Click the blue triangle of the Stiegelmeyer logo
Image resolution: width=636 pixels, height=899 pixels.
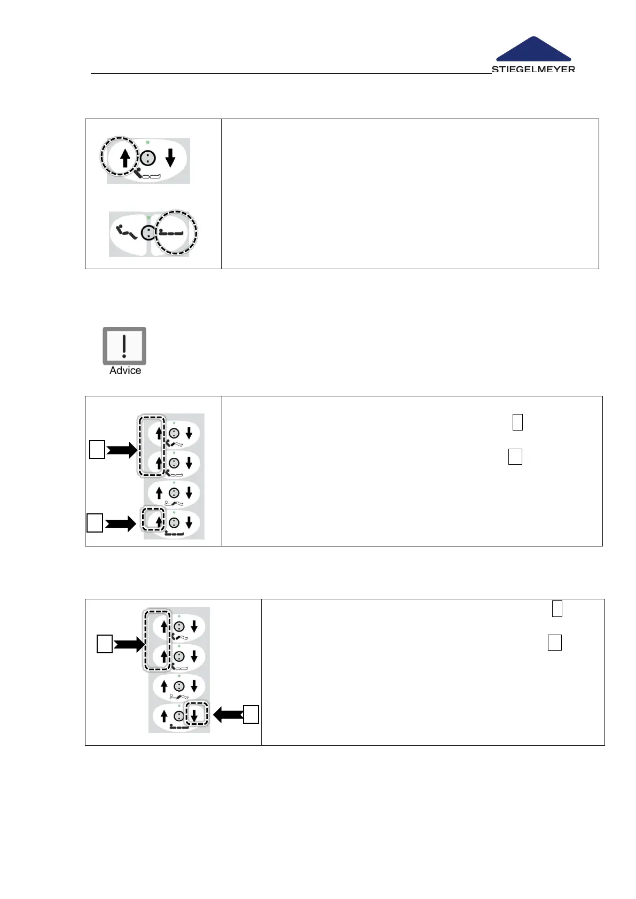pyautogui.click(x=533, y=50)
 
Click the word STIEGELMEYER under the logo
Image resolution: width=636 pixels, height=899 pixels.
pyautogui.click(x=533, y=69)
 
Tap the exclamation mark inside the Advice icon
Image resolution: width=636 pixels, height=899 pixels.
pyautogui.click(x=124, y=345)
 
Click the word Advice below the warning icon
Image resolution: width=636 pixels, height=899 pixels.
pyautogui.click(x=125, y=371)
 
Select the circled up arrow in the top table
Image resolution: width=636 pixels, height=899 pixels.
pyautogui.click(x=125, y=158)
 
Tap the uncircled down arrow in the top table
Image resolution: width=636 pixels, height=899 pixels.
pyautogui.click(x=170, y=158)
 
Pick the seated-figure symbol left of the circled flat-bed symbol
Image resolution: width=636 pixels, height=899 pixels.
pyautogui.click(x=126, y=232)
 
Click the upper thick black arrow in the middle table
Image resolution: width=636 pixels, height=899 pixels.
pyautogui.click(x=122, y=451)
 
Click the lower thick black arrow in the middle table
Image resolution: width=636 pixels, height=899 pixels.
pyautogui.click(x=120, y=524)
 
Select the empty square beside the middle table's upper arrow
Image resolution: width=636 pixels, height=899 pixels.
pyautogui.click(x=97, y=451)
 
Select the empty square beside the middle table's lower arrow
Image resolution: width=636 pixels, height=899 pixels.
pyautogui.click(x=95, y=523)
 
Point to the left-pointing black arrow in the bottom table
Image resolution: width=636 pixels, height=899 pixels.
pyautogui.click(x=228, y=714)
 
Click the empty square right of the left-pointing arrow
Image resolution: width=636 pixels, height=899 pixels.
pyautogui.click(x=251, y=714)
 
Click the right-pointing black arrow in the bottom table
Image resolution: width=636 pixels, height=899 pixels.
pyautogui.click(x=129, y=645)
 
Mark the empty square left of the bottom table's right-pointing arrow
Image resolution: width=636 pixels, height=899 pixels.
pyautogui.click(x=104, y=644)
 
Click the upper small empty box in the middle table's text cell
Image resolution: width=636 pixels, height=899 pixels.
pyautogui.click(x=517, y=422)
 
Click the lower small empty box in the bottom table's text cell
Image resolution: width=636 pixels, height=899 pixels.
pyautogui.click(x=554, y=642)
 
